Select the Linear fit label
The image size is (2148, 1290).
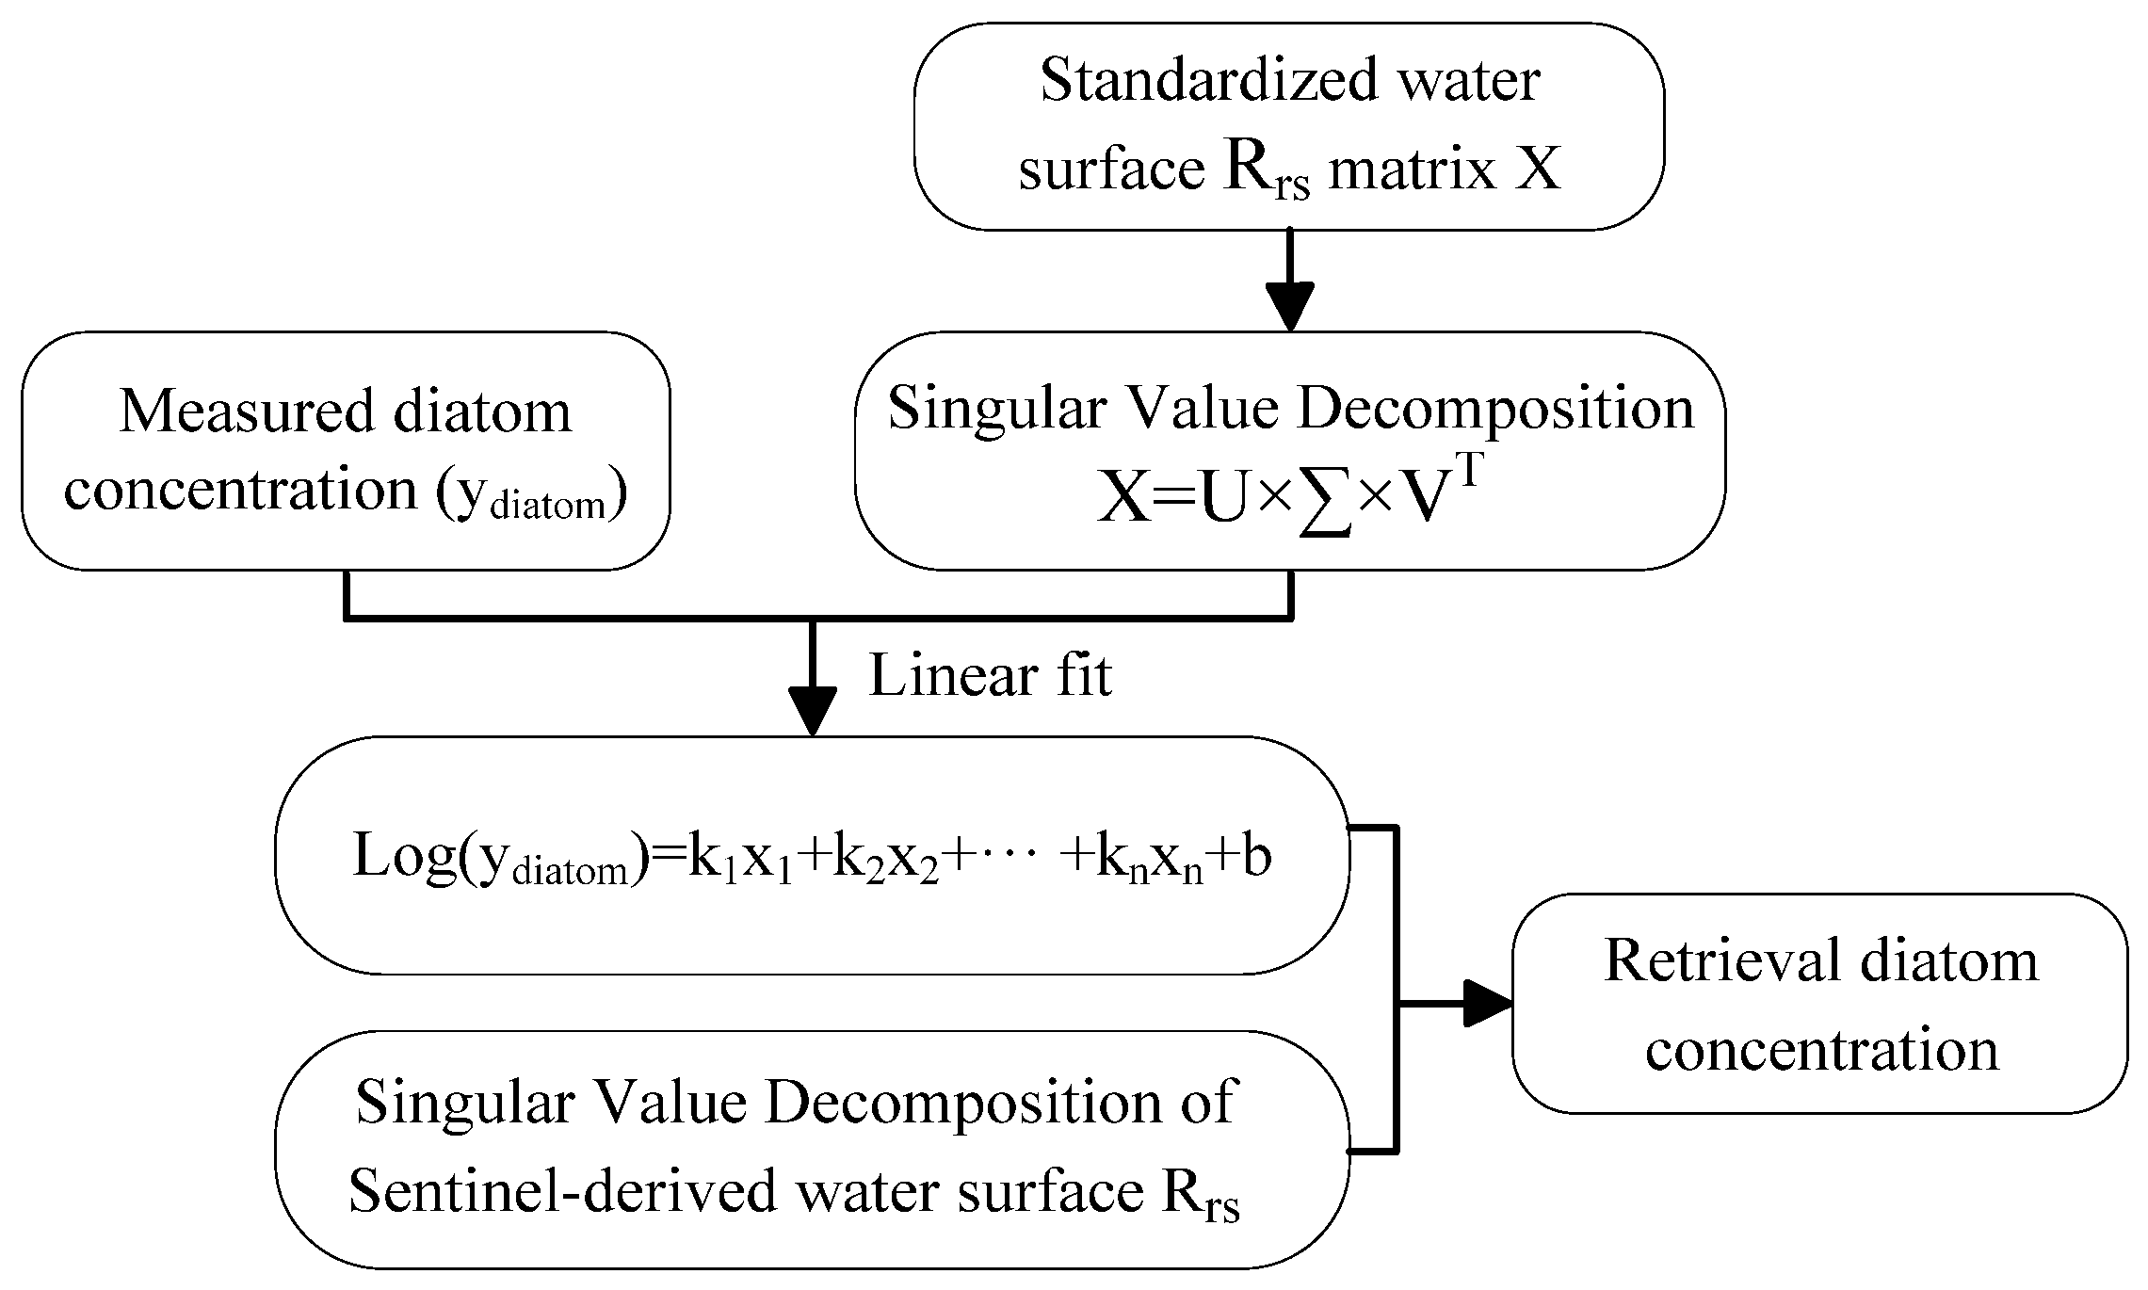point(989,675)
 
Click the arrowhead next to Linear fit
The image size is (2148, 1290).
point(811,711)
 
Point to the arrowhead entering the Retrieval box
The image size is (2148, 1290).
point(1488,1004)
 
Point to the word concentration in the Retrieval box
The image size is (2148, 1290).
point(1821,1049)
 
